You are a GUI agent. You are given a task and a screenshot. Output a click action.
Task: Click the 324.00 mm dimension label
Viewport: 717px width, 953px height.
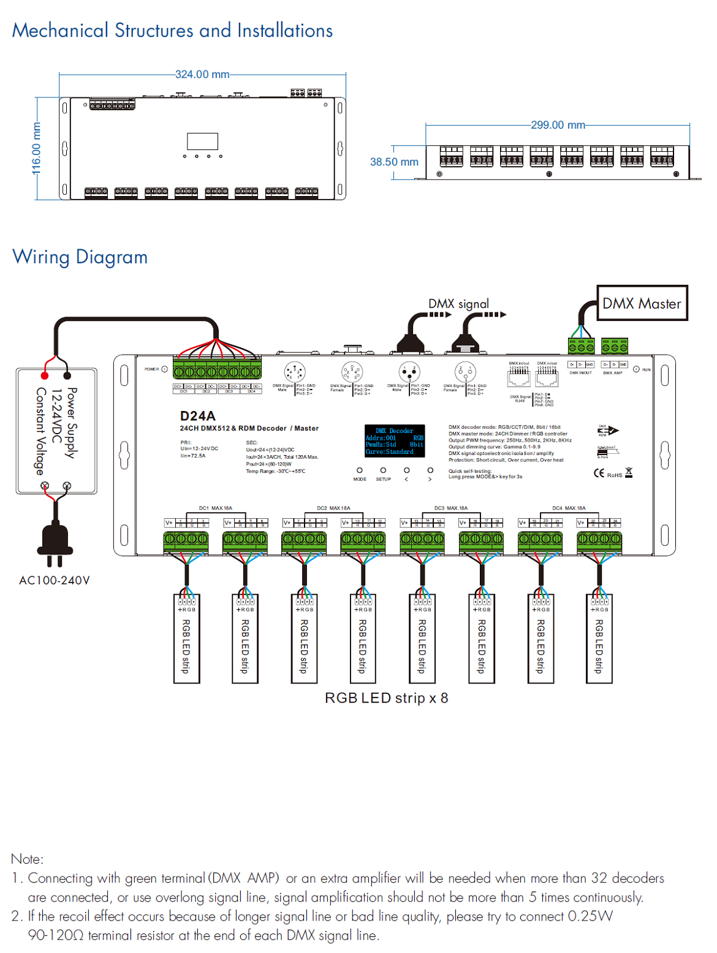(x=202, y=74)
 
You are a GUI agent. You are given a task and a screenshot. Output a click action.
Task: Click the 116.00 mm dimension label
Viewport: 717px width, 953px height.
(x=37, y=148)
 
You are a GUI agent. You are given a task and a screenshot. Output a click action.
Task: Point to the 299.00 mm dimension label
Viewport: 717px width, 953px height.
(x=558, y=125)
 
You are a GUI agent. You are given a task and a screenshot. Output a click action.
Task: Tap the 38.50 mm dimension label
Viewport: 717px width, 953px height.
(x=394, y=162)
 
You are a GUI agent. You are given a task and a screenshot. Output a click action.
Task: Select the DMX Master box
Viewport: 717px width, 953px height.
(x=642, y=303)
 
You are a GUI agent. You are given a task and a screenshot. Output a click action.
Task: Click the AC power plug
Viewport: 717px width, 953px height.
(x=55, y=539)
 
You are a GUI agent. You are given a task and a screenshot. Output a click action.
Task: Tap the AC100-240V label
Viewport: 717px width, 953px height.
(x=55, y=580)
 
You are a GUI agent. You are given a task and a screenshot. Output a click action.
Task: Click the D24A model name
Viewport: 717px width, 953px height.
(x=197, y=416)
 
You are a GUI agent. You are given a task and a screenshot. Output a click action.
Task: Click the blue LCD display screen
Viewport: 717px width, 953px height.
(x=395, y=441)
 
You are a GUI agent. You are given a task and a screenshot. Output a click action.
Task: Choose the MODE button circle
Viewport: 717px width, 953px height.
(x=360, y=470)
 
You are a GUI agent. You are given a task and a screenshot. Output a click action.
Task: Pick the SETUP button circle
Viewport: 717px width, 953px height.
(x=383, y=470)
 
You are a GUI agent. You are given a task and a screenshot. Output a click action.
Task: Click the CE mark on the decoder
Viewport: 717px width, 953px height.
(x=599, y=473)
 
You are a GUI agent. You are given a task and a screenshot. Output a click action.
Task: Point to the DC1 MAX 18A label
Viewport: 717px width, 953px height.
(x=216, y=508)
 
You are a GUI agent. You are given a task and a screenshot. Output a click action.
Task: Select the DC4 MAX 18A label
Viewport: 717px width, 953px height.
(x=569, y=508)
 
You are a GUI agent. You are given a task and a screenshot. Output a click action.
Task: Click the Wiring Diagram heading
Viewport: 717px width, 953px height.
(x=80, y=257)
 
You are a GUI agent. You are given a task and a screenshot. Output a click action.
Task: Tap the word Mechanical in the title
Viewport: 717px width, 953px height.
(x=60, y=30)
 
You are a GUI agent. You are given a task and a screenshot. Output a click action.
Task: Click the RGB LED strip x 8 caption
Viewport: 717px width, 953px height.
(x=386, y=698)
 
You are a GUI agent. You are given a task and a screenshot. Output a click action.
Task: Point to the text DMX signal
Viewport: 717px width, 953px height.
(x=458, y=304)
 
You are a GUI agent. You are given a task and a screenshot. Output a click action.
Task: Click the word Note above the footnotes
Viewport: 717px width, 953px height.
(x=27, y=859)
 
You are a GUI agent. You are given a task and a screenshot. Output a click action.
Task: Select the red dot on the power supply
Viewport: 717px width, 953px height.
(x=45, y=375)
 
